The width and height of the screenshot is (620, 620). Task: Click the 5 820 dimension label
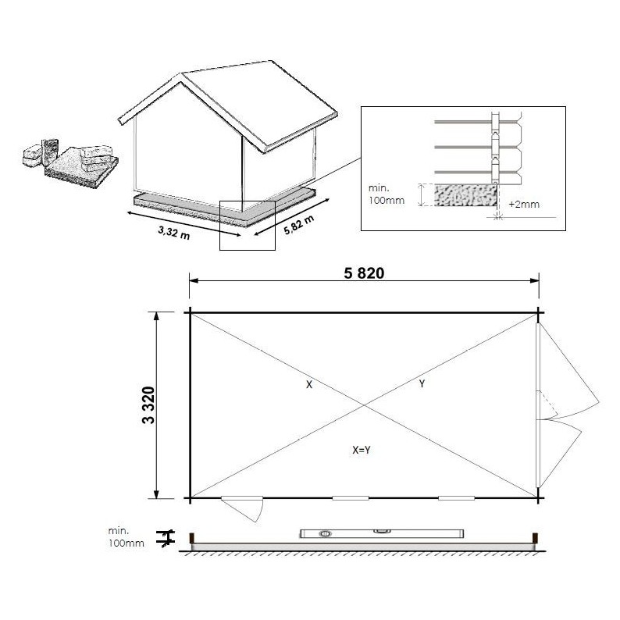pyautogui.click(x=364, y=273)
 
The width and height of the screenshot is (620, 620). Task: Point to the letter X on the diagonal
pyautogui.click(x=309, y=384)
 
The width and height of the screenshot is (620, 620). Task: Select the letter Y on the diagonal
pyautogui.click(x=422, y=384)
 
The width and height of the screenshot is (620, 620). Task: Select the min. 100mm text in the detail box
pyautogui.click(x=385, y=194)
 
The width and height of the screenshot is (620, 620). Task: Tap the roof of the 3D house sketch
pyautogui.click(x=234, y=102)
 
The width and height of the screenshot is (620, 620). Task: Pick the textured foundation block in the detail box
pyautogui.click(x=463, y=195)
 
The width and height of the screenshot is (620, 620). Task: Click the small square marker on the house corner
pyautogui.click(x=247, y=225)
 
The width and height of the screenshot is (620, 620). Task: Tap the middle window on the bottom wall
pyautogui.click(x=350, y=498)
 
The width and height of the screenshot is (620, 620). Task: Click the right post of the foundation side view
pyautogui.click(x=536, y=540)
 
